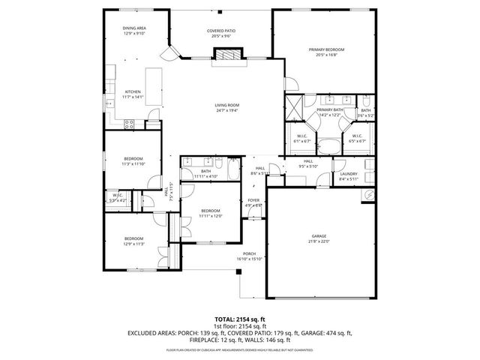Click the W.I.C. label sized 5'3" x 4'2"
[x=118, y=198]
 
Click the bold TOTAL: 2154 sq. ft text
[x=239, y=319]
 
